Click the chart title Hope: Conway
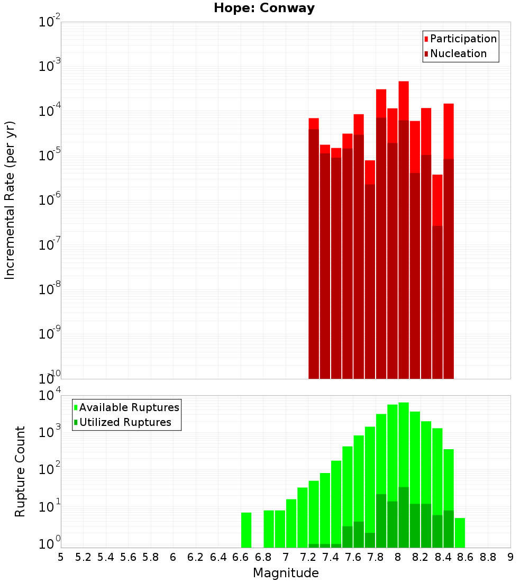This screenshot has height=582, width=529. pos(264,8)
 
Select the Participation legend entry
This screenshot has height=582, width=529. pos(463,39)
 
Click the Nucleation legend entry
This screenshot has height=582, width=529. pos(458,53)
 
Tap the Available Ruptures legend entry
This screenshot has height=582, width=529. pos(129,407)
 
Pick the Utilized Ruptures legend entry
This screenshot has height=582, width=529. pos(125,422)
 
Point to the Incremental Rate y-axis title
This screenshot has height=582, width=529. pos(10,200)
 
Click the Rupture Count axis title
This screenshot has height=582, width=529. pos(20,471)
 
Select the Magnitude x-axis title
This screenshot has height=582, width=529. pos(286,573)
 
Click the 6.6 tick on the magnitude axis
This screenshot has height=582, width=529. pos(240,557)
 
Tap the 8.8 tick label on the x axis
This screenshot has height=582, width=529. pos(488,557)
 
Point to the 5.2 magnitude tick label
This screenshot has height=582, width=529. pos(83,557)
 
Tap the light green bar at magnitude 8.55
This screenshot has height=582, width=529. pos(460,533)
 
